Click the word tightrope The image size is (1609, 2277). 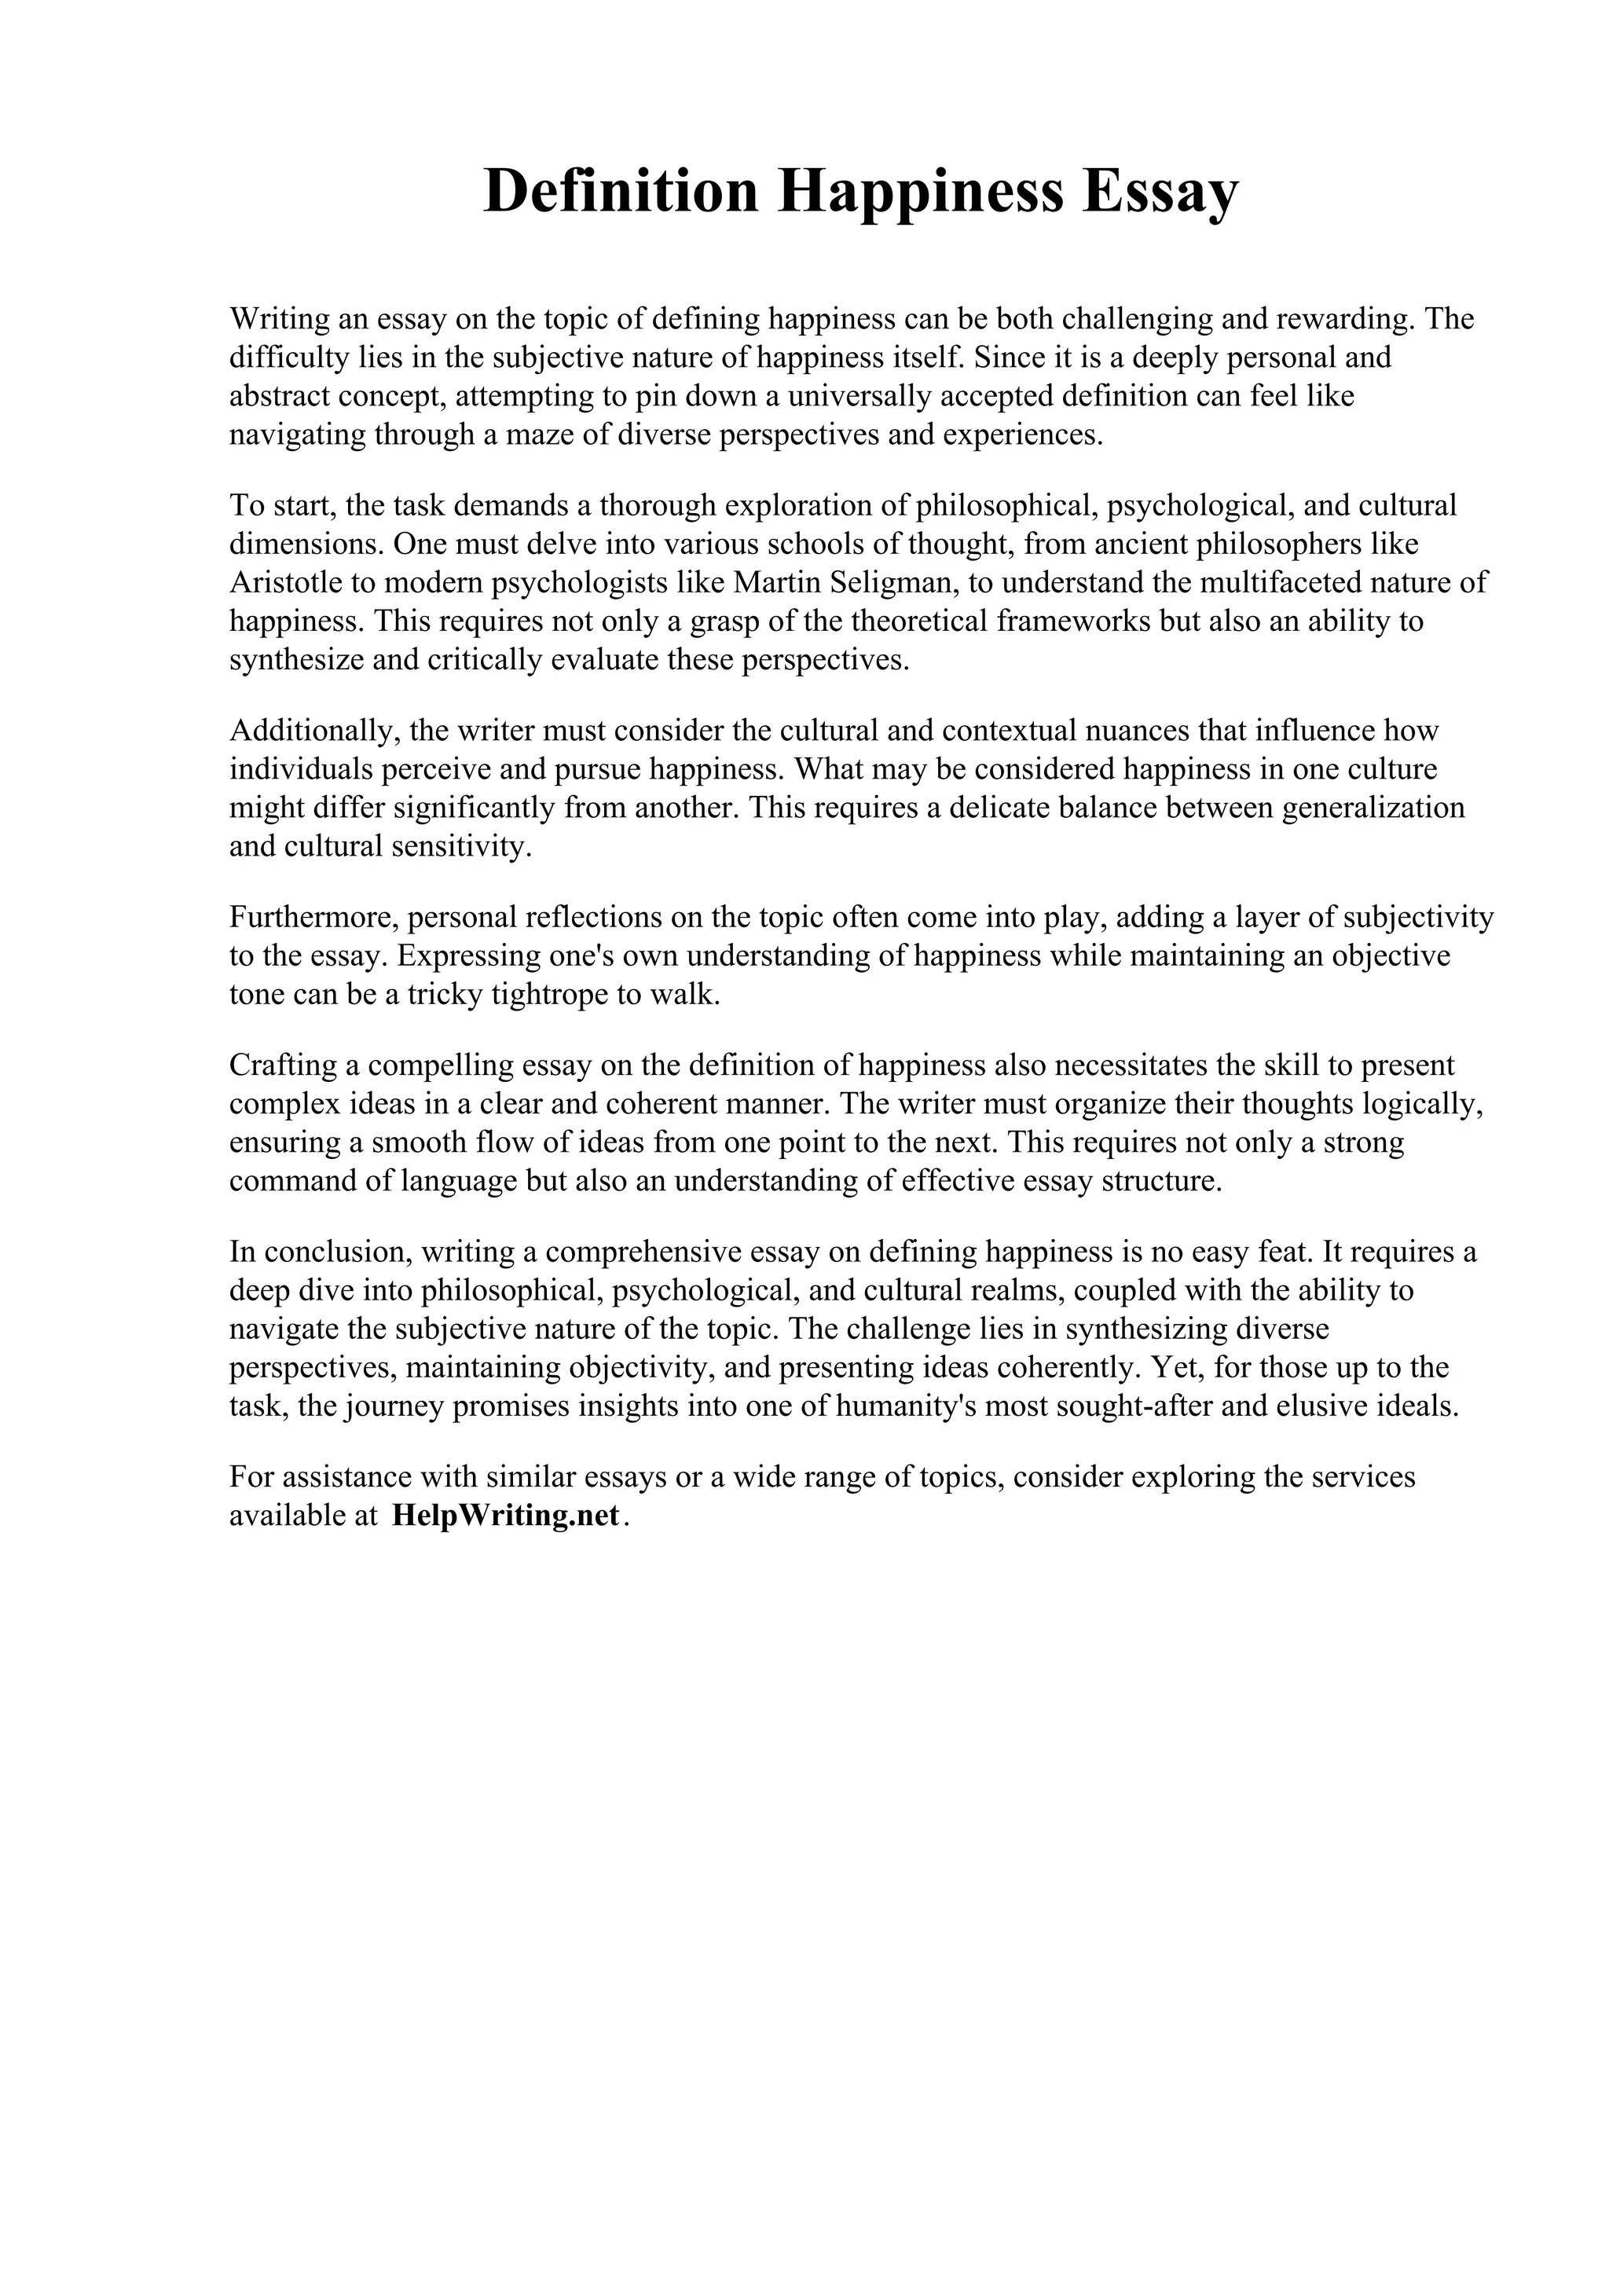[549, 995]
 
